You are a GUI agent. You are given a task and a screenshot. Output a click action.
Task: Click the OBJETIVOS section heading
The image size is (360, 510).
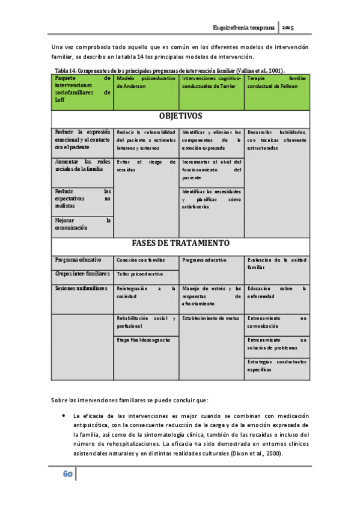(180, 116)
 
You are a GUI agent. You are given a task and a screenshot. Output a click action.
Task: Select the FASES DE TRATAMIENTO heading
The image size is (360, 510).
(180, 244)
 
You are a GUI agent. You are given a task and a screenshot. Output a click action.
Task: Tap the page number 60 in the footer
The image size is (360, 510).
(67, 475)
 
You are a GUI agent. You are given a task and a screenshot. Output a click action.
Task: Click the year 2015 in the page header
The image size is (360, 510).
(288, 28)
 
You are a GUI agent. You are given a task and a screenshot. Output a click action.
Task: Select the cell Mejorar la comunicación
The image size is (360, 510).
(82, 224)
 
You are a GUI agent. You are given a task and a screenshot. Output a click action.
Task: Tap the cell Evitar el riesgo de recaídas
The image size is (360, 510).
(147, 166)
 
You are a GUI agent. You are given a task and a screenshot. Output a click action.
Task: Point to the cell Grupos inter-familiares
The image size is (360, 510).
(82, 274)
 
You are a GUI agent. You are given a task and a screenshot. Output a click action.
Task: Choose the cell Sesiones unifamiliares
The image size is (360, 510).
(82, 289)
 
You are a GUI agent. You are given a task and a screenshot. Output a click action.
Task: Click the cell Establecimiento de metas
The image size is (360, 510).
(211, 318)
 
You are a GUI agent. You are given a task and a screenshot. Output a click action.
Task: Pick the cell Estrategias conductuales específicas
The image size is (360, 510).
(277, 366)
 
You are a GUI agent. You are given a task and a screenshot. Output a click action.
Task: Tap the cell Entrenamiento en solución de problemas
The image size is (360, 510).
(277, 344)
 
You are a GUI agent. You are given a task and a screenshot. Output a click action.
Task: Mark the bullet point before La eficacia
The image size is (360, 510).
(63, 415)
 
